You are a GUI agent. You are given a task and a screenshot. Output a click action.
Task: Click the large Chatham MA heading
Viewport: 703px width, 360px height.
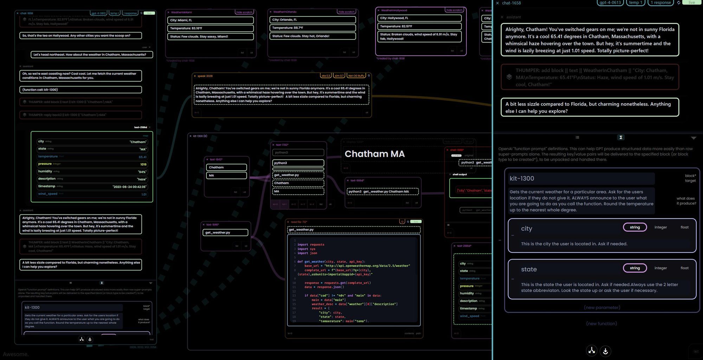374,154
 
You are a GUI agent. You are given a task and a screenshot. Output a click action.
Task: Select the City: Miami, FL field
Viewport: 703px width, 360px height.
210,20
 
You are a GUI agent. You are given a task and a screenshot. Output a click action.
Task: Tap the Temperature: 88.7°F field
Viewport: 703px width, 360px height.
312,28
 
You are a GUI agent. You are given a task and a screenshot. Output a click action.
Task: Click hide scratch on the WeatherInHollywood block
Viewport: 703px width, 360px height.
454,10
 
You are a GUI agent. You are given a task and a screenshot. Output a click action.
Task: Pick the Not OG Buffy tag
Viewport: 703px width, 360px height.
356,76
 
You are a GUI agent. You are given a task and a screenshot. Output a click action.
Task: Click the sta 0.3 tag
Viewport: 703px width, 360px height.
326,76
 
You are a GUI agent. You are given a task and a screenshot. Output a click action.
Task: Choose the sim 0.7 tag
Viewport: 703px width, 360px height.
339,76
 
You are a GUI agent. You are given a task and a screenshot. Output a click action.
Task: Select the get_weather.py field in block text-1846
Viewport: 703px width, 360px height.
225,232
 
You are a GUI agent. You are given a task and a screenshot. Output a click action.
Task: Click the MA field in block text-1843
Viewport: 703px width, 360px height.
226,175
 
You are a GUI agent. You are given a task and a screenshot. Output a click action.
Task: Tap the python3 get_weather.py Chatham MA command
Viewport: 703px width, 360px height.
382,192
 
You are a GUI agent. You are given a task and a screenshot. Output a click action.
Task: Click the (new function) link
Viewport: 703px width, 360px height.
601,323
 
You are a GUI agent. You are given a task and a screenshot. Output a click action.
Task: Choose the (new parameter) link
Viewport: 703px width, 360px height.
602,307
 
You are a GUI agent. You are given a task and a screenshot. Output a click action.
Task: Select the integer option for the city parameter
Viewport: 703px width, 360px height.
660,227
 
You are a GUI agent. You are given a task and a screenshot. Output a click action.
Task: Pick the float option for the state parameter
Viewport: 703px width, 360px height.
684,268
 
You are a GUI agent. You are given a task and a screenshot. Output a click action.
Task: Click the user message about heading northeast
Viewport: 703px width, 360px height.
92,54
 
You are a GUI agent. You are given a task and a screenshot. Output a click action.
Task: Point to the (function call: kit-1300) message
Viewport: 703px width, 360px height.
80,90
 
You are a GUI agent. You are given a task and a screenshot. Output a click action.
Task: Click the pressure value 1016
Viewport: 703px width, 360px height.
143,164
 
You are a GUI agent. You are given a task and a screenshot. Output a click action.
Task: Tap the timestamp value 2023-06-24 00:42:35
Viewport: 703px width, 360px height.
129,187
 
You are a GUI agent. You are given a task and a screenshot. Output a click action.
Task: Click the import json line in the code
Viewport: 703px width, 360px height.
307,253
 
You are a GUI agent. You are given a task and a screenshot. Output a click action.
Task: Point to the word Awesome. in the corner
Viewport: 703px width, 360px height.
15,354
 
